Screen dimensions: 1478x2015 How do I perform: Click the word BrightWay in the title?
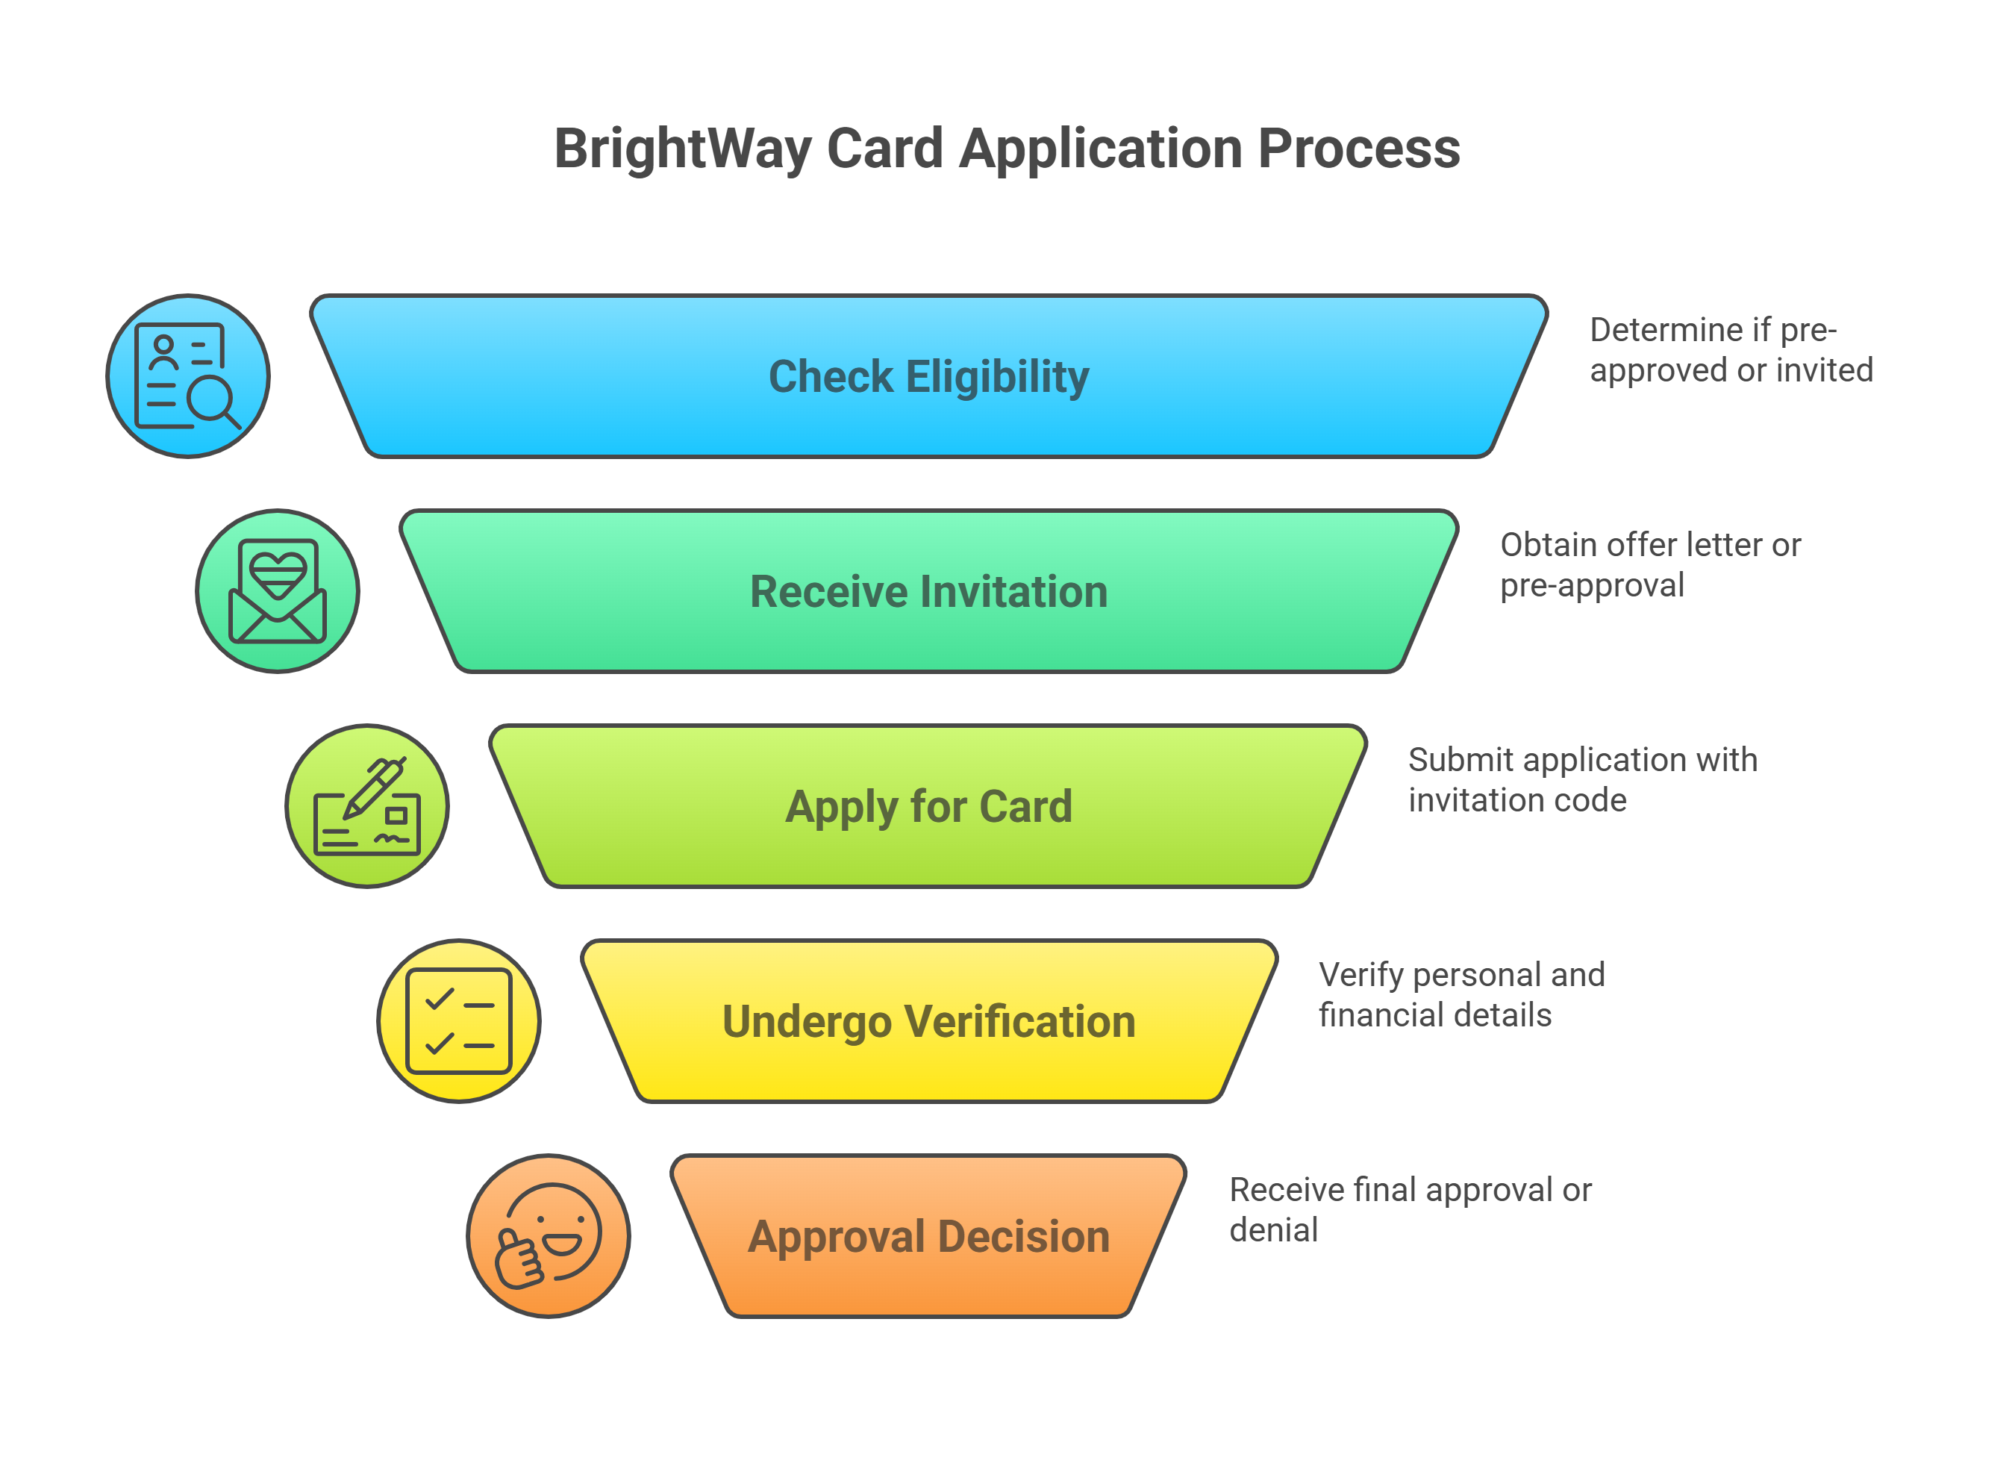click(x=682, y=149)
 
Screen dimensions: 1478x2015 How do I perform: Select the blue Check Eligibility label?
click(x=928, y=377)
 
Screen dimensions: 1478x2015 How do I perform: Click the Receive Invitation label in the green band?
click(x=928, y=591)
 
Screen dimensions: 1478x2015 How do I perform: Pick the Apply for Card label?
click(x=928, y=806)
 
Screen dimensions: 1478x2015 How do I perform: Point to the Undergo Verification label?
click(x=928, y=1021)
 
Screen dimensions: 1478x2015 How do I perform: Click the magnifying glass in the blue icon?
click(x=215, y=400)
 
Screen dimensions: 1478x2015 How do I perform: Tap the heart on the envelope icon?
click(x=278, y=573)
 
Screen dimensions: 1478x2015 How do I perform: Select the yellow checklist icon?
click(x=458, y=1021)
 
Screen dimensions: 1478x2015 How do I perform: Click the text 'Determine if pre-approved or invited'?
click(x=1731, y=350)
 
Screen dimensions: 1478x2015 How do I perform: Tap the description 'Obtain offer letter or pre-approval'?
click(x=1650, y=564)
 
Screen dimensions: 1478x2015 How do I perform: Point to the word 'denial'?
click(x=1272, y=1230)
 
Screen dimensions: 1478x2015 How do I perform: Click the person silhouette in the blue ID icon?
click(x=163, y=352)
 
